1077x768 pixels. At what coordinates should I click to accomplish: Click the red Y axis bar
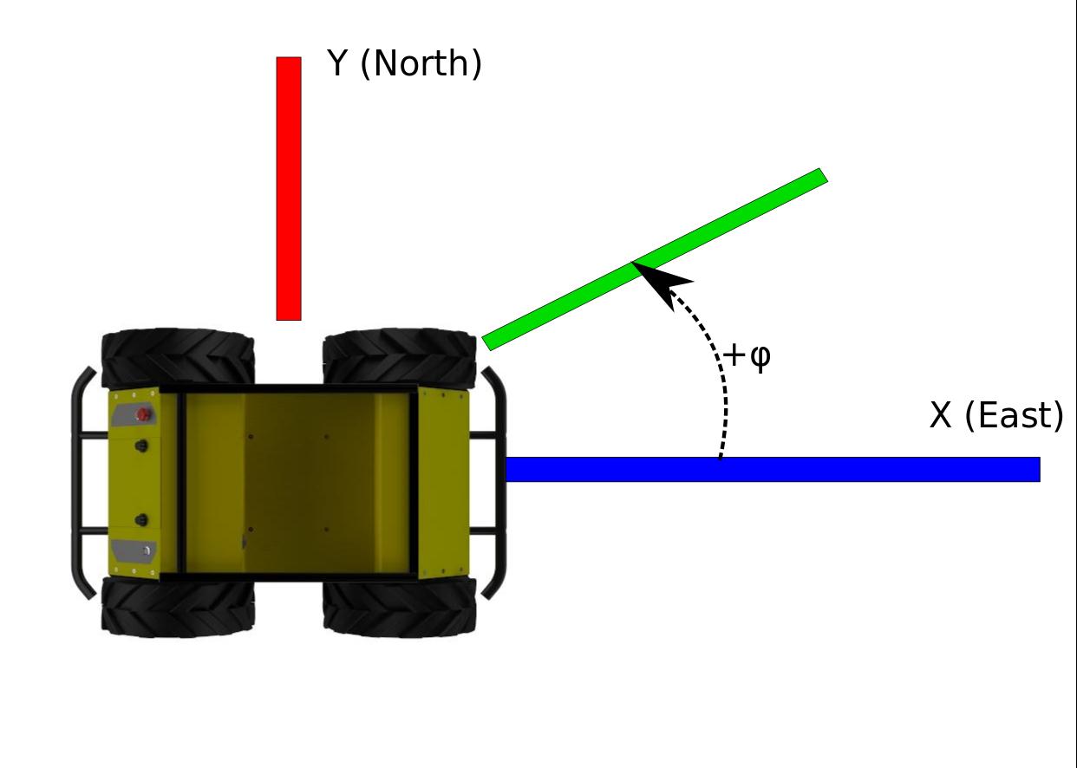pyautogui.click(x=289, y=189)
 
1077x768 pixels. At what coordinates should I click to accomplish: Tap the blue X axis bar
pyautogui.click(x=772, y=469)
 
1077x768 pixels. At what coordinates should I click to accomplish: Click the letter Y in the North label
pyautogui.click(x=337, y=63)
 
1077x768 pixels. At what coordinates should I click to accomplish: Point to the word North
pyautogui.click(x=420, y=63)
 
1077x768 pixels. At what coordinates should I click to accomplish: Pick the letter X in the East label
pyautogui.click(x=940, y=416)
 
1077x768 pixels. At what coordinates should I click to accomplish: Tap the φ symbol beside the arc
pyautogui.click(x=759, y=357)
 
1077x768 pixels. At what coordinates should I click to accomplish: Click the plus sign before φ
pyautogui.click(x=734, y=355)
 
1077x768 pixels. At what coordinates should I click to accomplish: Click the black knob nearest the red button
pyautogui.click(x=140, y=446)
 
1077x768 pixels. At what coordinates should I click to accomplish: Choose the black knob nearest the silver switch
pyautogui.click(x=140, y=521)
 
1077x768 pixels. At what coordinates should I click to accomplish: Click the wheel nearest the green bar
pyautogui.click(x=400, y=358)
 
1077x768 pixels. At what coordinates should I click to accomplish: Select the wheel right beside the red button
pyautogui.click(x=178, y=358)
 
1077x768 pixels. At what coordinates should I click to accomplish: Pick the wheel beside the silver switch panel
pyautogui.click(x=178, y=608)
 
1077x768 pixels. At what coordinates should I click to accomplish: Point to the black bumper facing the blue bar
pyautogui.click(x=495, y=482)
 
